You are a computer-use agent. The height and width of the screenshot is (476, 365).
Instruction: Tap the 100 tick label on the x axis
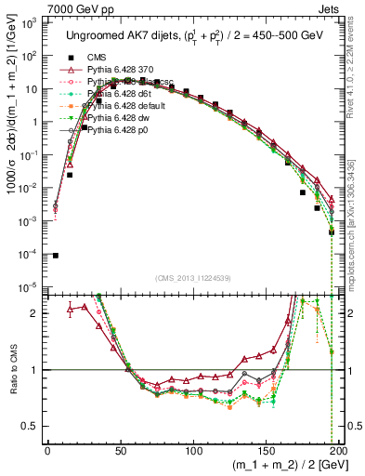tap(194, 449)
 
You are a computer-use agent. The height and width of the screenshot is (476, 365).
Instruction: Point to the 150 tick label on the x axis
tap(267, 449)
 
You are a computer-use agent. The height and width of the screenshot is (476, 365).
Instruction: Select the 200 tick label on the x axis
tap(339, 449)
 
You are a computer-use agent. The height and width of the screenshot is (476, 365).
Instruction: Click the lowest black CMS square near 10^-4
tap(56, 256)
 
